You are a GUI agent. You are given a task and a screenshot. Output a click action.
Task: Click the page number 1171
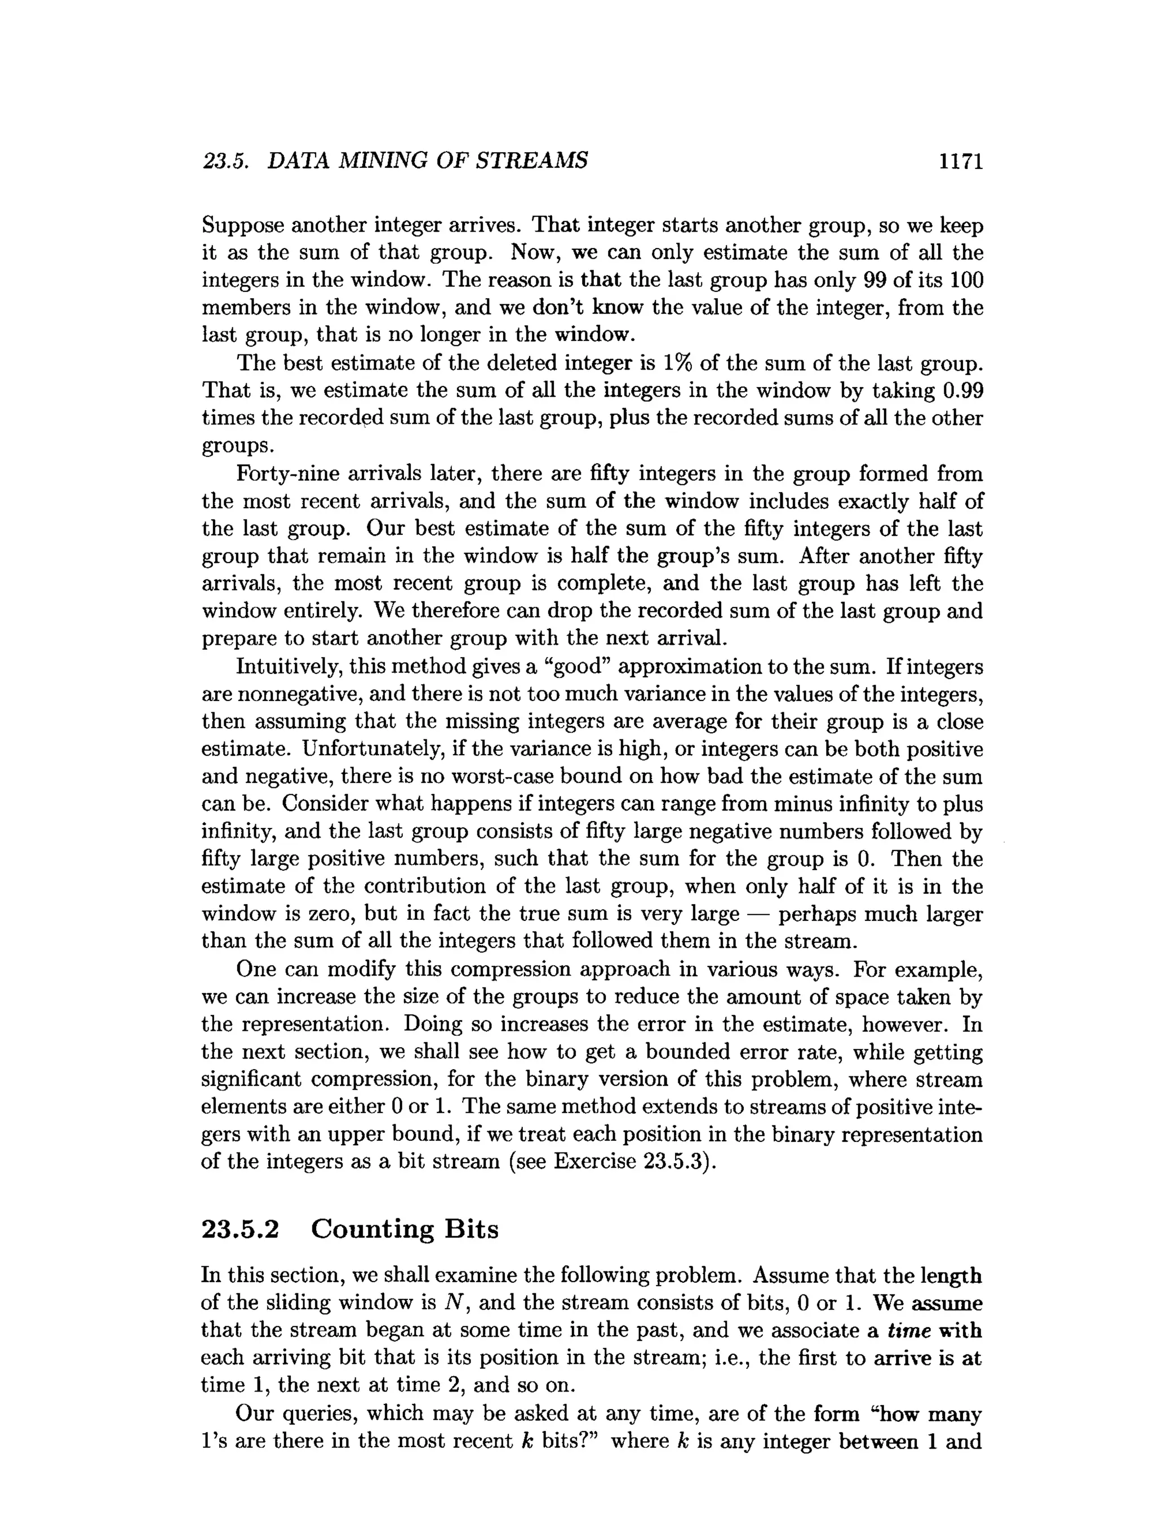pos(960,162)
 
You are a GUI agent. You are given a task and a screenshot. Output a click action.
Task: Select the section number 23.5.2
pos(240,1229)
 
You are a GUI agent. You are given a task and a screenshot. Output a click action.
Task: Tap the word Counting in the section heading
pos(371,1229)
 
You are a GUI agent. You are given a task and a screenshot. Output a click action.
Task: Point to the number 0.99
pos(962,391)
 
